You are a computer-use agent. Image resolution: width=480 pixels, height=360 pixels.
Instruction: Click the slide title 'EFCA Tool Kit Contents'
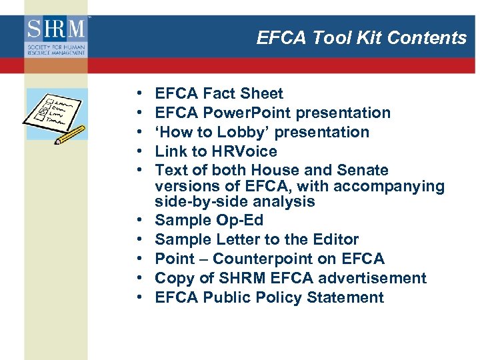click(x=361, y=38)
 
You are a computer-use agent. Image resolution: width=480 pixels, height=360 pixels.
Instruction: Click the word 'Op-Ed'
click(x=241, y=221)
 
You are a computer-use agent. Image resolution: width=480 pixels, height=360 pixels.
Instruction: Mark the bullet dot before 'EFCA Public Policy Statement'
click(x=136, y=298)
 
